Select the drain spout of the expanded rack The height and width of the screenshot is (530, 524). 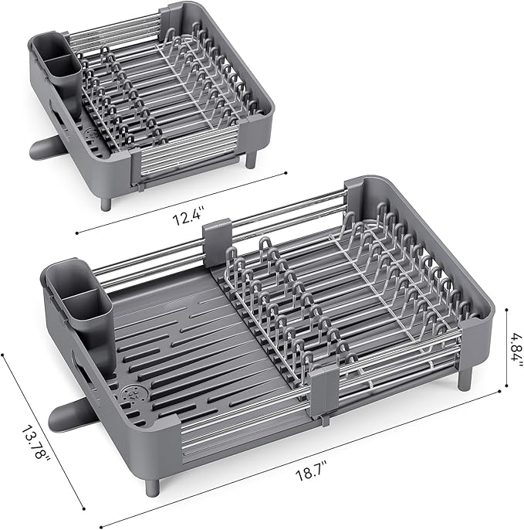click(x=68, y=416)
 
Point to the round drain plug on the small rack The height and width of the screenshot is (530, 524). click(x=91, y=134)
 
